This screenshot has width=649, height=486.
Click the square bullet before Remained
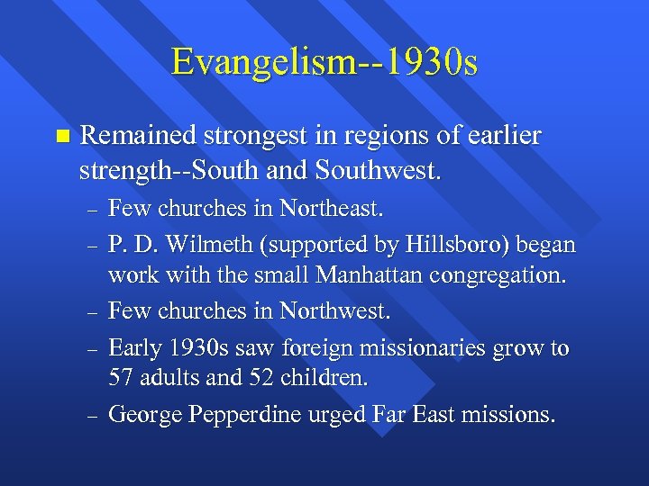(x=61, y=137)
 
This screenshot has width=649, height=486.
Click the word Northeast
(x=331, y=210)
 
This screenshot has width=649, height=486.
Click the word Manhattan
(x=351, y=275)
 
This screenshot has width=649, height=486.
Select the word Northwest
(x=334, y=311)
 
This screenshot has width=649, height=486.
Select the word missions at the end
(x=511, y=415)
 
